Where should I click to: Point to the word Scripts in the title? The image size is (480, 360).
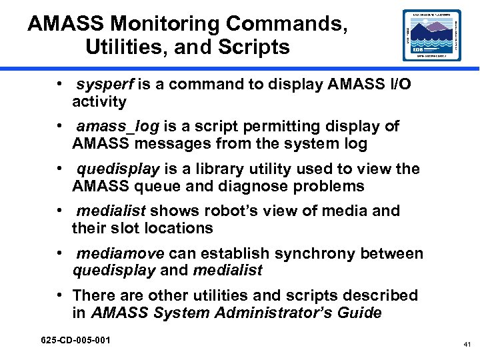(x=252, y=47)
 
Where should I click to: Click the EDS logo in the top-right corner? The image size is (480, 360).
(x=431, y=35)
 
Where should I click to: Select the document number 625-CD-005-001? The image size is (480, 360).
(x=75, y=341)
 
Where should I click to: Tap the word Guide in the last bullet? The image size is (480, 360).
(x=359, y=313)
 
